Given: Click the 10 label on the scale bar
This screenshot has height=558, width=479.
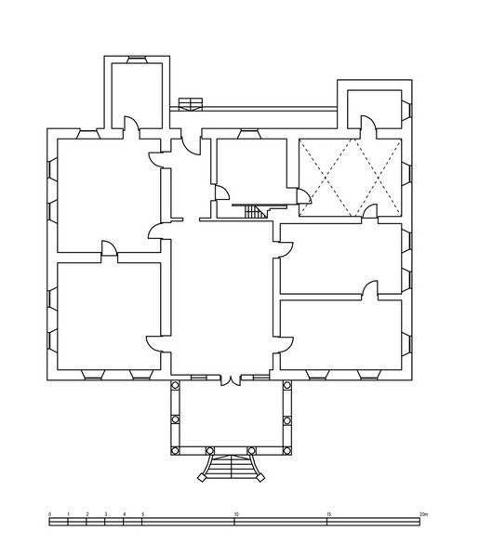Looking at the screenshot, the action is pos(236,514).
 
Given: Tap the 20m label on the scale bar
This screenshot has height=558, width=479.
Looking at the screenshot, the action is pos(423,514).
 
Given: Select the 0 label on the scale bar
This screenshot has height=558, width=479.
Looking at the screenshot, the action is pos(50,514).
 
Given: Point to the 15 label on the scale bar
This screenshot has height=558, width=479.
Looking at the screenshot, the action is pos(329,514).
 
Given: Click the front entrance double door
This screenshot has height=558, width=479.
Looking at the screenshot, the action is pos(231,380).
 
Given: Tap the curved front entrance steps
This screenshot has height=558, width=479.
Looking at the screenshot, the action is pos(232,467).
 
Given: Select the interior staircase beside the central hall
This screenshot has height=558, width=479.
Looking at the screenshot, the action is pos(256,212).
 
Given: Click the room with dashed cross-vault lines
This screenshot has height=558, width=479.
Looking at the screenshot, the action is pos(350,178).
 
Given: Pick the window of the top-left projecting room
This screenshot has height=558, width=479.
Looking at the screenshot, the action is pos(137,60).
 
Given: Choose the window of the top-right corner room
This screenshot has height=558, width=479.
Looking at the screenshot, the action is pos(406,110).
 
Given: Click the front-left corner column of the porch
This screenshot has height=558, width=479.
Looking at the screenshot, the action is pos(175,451).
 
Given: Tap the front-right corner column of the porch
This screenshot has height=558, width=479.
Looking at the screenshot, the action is pos(287,451).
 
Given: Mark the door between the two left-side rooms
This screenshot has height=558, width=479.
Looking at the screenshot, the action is pos(109,248).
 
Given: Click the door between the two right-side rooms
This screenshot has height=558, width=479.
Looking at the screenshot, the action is pos(370,288).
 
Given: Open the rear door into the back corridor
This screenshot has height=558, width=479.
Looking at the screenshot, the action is pos(191,142).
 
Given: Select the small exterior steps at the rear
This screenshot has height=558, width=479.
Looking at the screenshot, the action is pos(191,104).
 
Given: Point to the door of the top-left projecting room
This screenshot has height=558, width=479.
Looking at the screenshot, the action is pos(131,124).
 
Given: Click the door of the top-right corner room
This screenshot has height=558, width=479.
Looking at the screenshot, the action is pos(368,123).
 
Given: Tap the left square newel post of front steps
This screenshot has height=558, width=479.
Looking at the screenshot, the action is pos(202,478).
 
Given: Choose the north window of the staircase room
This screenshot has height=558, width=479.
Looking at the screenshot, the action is pos(249,134).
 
